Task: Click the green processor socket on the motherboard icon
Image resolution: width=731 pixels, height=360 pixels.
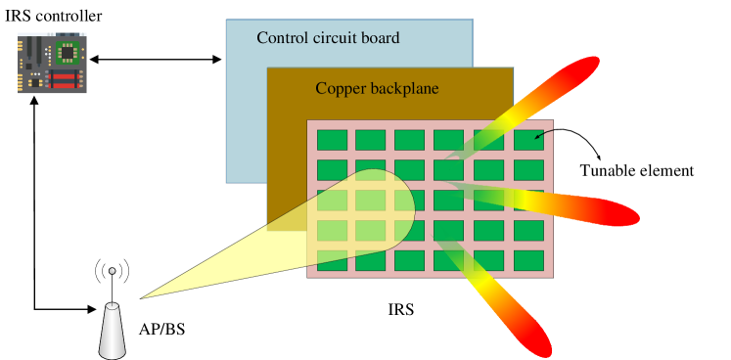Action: click(68, 51)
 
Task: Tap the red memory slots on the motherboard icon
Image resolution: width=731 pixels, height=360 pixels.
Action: click(65, 78)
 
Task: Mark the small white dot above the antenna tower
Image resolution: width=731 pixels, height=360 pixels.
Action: click(112, 271)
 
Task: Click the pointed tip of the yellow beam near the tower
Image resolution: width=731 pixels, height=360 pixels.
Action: click(144, 297)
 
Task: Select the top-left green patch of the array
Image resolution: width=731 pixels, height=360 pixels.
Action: click(332, 140)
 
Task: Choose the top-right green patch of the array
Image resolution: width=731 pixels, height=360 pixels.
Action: click(528, 140)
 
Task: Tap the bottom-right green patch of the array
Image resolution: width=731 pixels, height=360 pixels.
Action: click(528, 260)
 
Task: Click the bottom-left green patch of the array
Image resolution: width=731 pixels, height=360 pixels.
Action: click(332, 260)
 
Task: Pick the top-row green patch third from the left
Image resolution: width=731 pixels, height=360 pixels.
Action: click(410, 140)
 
